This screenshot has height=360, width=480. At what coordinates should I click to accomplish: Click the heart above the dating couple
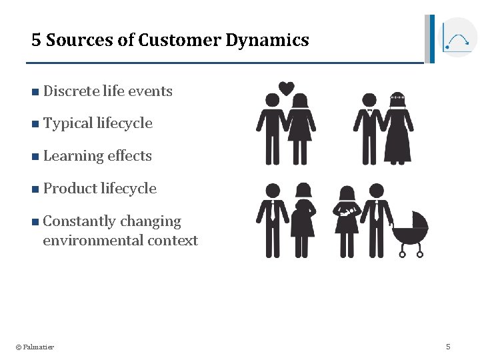tap(286, 88)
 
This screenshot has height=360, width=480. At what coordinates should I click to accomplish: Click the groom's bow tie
tap(369, 110)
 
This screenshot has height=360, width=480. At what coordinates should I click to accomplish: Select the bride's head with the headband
tap(398, 99)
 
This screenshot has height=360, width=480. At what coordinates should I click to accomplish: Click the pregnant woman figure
tap(303, 220)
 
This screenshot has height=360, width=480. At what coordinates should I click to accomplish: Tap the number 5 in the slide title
tap(36, 40)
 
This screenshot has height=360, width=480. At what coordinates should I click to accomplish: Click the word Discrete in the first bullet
tap(71, 91)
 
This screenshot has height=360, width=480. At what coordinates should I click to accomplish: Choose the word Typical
tap(68, 123)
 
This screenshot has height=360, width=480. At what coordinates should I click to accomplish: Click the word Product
tap(69, 189)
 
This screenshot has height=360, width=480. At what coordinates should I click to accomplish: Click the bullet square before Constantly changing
tap(35, 221)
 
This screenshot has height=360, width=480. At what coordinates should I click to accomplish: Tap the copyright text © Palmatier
tap(35, 347)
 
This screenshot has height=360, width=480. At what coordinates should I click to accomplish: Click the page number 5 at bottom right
tap(448, 346)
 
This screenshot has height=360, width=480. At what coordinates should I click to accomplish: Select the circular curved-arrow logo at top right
tap(457, 38)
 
